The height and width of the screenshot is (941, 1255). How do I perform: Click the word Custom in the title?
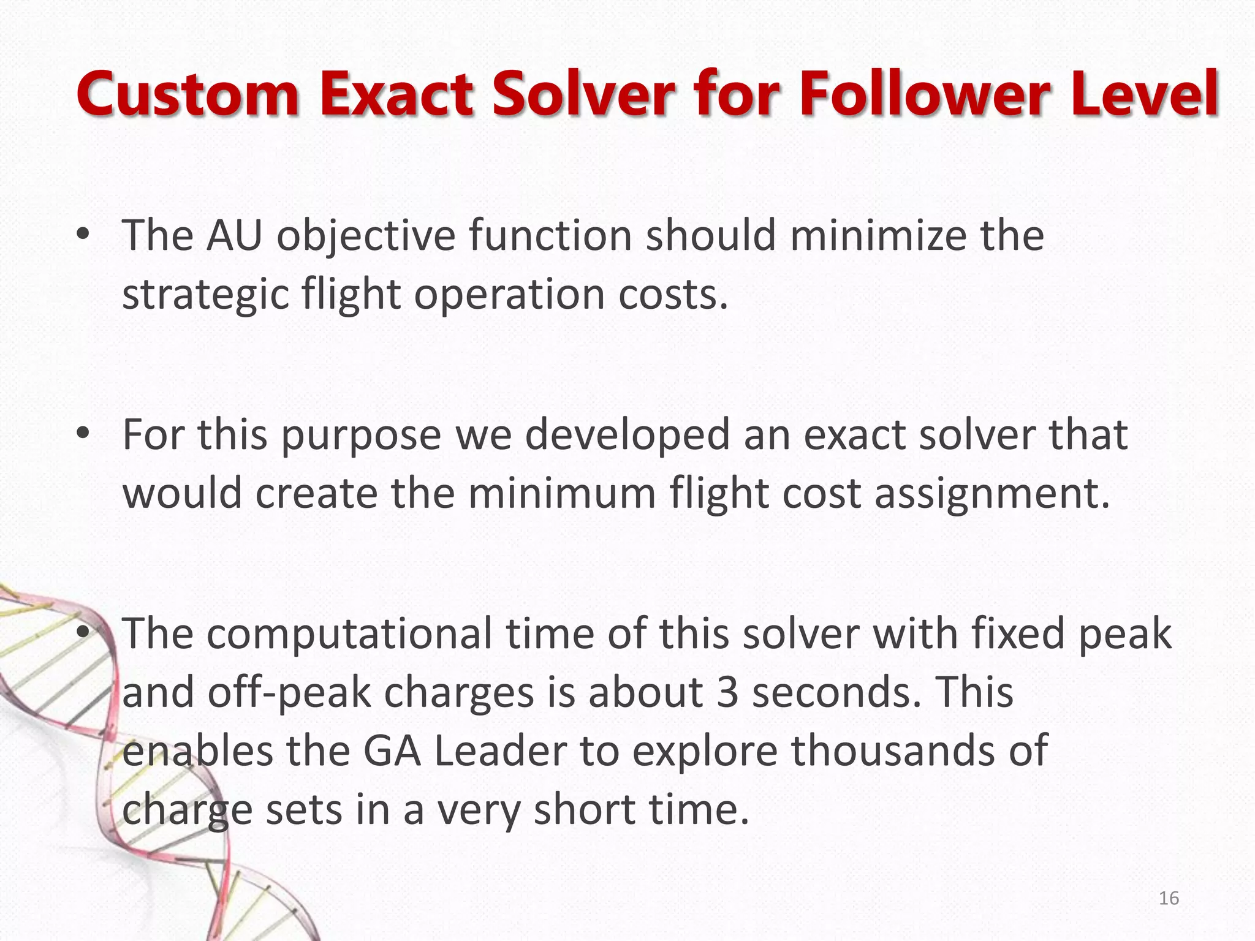[x=188, y=95]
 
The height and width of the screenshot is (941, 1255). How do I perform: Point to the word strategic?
[x=205, y=295]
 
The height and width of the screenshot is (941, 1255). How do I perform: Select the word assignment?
[x=991, y=494]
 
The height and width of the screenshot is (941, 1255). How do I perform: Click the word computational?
[x=349, y=633]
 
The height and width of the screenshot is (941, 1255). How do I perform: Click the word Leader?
[x=500, y=751]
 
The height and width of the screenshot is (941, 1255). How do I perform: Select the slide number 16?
[x=1169, y=898]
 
